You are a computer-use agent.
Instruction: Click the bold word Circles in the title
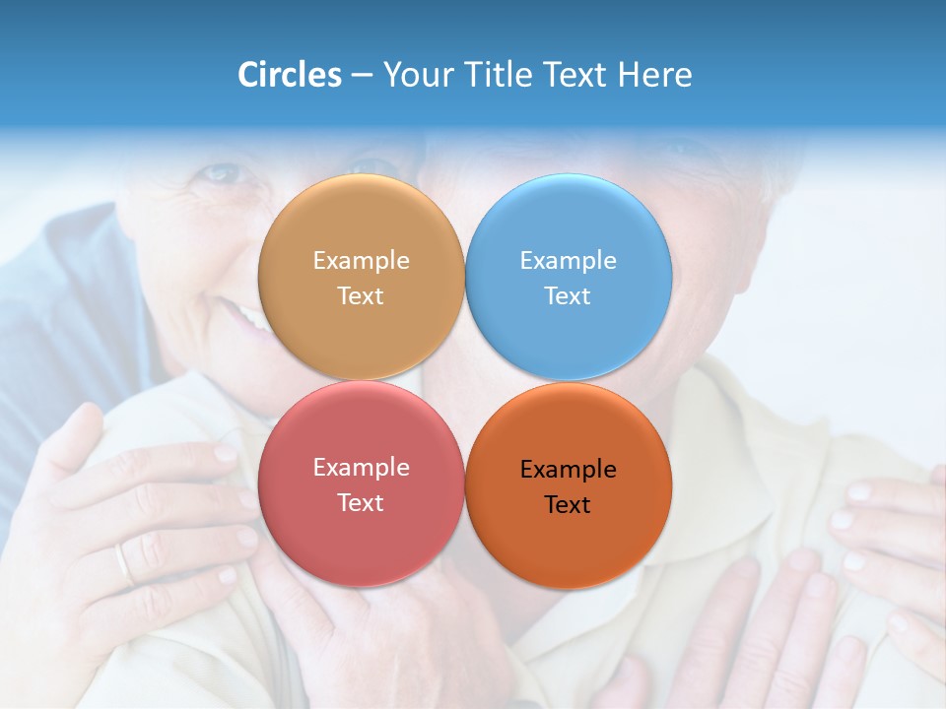[289, 75]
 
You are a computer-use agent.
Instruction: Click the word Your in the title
[417, 75]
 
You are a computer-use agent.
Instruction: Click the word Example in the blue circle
[569, 261]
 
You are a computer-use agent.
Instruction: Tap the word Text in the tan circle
[361, 296]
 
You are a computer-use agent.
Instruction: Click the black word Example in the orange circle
[569, 470]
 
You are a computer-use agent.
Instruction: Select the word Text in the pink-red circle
[361, 503]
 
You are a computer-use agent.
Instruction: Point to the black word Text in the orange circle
[569, 505]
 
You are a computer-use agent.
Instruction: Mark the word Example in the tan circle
[361, 261]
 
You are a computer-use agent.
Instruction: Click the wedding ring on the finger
[123, 564]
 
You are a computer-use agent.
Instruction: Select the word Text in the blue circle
[569, 296]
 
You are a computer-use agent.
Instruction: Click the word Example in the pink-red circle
[361, 468]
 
